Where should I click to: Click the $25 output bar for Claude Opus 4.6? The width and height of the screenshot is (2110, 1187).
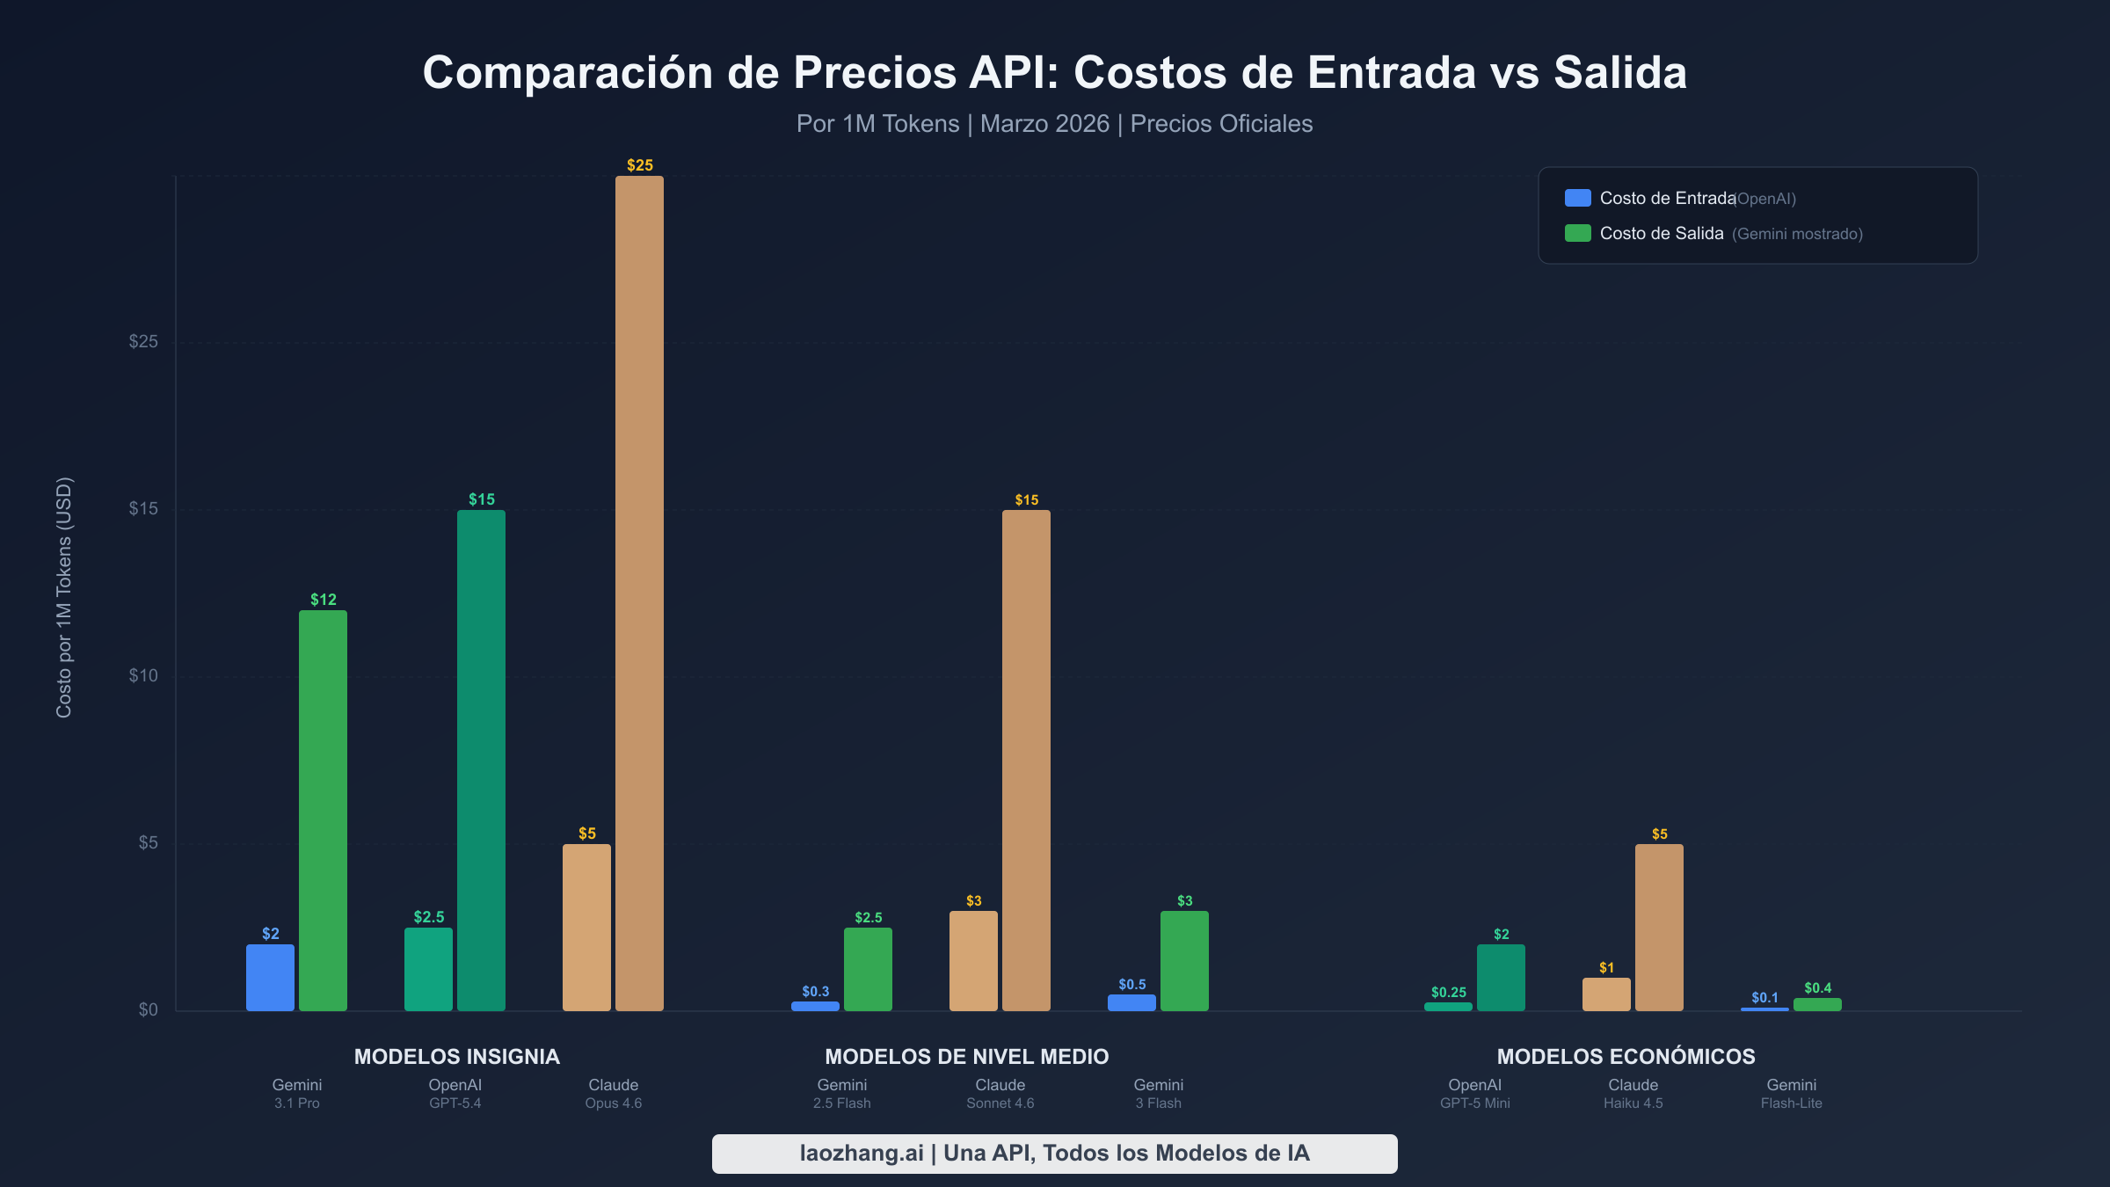[639, 593]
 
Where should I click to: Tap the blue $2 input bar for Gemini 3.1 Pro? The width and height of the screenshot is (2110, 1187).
[270, 978]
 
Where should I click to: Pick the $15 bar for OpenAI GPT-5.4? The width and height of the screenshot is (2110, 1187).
[481, 761]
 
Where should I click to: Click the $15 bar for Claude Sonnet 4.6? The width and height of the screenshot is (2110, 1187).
[1026, 761]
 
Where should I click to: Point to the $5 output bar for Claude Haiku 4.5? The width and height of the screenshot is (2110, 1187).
[1659, 928]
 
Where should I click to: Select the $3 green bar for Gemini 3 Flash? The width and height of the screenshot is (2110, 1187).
[1184, 961]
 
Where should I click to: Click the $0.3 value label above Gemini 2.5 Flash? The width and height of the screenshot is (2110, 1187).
[815, 991]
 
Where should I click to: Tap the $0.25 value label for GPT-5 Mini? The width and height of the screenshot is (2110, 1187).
[1448, 992]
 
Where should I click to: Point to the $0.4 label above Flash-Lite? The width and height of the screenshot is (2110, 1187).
[1817, 987]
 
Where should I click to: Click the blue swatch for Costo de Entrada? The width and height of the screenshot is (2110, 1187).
[1577, 198]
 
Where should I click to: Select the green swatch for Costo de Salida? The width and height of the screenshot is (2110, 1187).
[1577, 233]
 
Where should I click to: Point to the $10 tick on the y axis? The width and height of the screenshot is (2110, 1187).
[143, 675]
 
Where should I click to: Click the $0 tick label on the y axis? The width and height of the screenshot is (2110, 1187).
[148, 1009]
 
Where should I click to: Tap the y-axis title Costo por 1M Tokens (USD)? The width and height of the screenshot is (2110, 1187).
[64, 598]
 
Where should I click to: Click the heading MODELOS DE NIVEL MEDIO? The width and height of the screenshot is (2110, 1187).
[966, 1056]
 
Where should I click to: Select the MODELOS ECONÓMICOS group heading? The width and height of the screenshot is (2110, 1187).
[1626, 1056]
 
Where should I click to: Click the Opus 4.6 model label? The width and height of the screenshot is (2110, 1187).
[613, 1103]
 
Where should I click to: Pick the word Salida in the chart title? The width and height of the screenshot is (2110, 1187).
[1619, 72]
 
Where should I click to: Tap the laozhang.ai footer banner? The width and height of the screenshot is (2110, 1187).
[1054, 1153]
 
